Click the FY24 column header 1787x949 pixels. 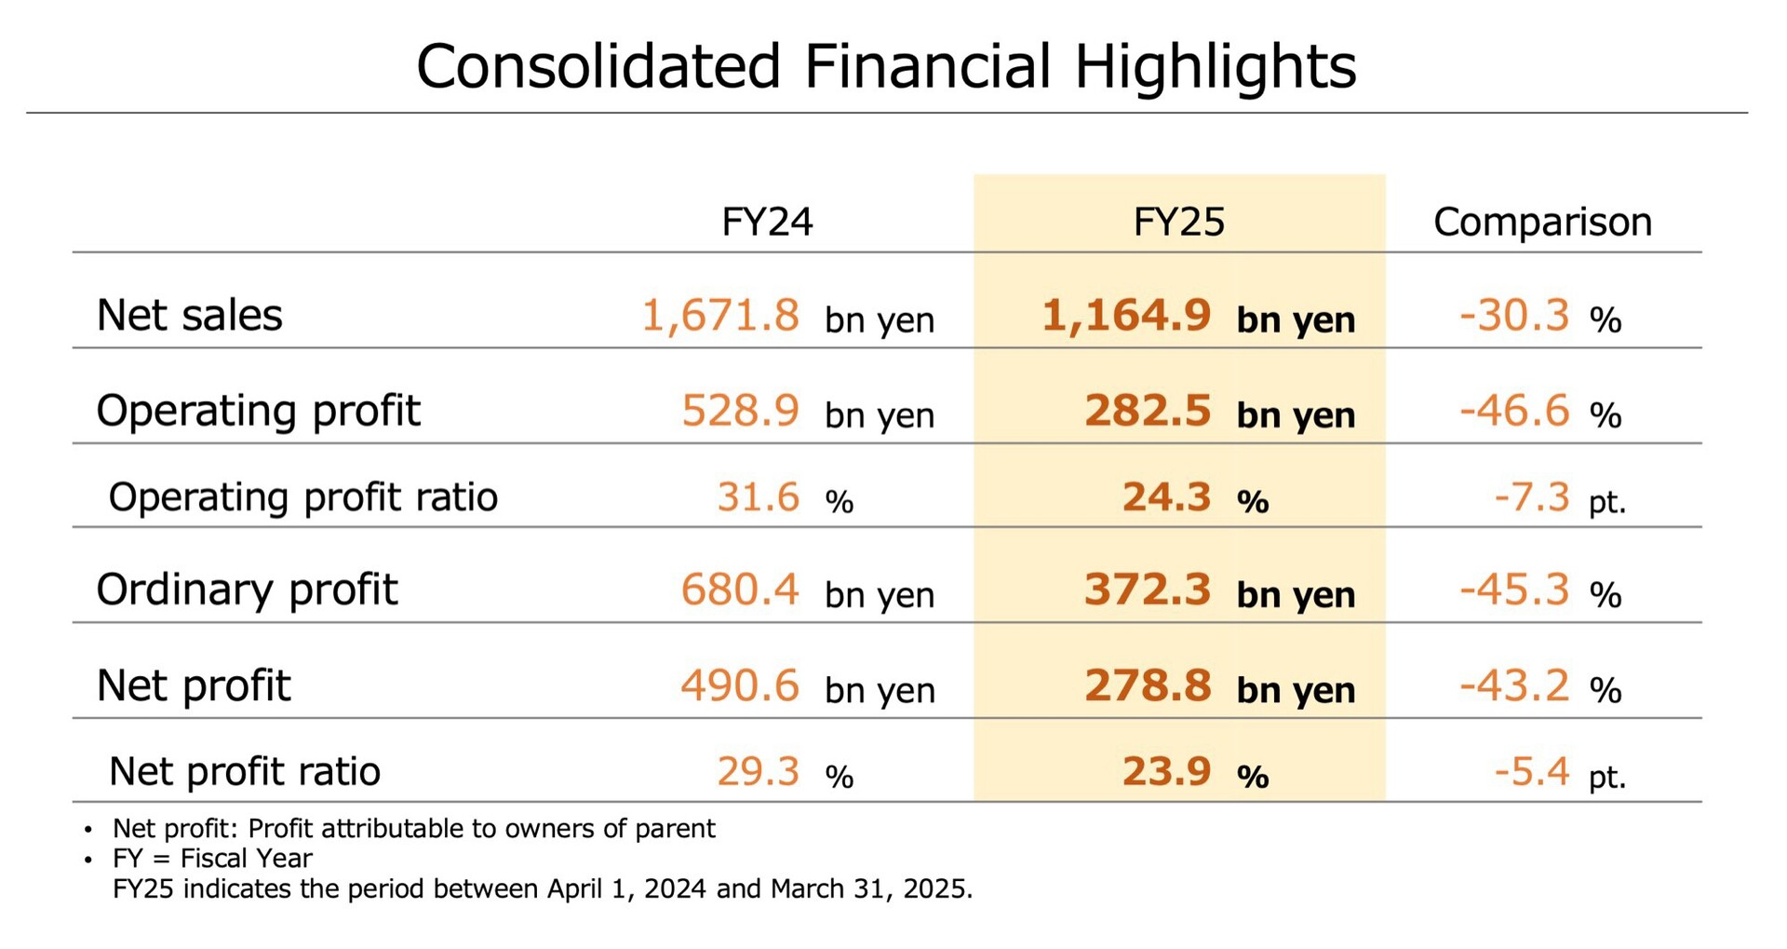[767, 222]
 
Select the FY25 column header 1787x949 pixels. [1178, 222]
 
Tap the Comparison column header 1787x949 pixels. [1542, 222]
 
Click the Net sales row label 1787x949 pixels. [189, 315]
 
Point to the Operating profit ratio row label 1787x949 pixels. [302, 496]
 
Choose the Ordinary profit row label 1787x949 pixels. [247, 590]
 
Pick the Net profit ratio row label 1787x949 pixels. [244, 771]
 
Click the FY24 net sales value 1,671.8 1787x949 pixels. [720, 315]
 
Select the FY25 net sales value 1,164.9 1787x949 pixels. [1126, 315]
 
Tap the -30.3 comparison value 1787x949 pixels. [1514, 315]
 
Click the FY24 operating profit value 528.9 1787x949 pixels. [740, 410]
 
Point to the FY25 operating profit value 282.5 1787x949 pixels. [1148, 410]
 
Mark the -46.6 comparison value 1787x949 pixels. [1514, 410]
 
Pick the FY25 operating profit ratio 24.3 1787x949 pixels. [1166, 496]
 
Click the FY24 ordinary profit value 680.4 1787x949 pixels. [740, 590]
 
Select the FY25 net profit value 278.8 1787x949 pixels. [1148, 685]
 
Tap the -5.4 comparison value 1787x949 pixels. [1532, 771]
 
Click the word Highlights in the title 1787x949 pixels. [1216, 67]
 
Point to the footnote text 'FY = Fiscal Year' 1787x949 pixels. [212, 858]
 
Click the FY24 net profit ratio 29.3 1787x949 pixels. [758, 771]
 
